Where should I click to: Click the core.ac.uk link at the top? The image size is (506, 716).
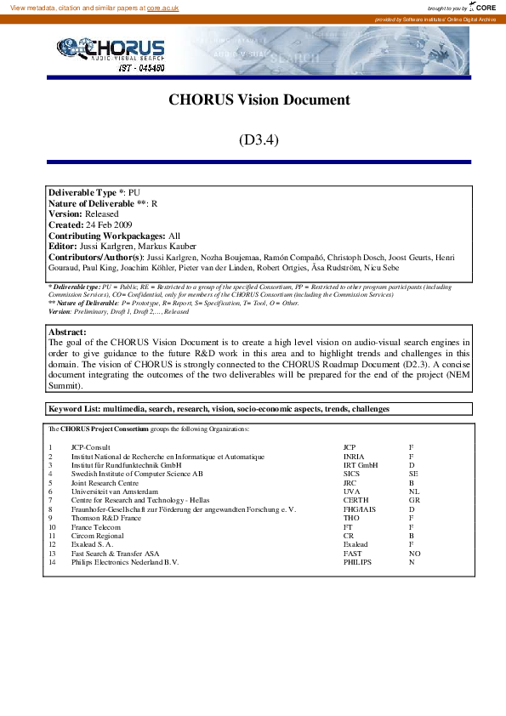point(162,7)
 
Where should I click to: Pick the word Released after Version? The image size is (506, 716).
point(102,214)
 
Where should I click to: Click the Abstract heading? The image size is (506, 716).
point(67,332)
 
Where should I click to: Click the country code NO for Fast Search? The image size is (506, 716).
point(414,553)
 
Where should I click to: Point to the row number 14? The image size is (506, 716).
point(51,562)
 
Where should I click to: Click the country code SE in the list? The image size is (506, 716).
point(413,474)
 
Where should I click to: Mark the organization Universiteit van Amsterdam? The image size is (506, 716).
point(114,492)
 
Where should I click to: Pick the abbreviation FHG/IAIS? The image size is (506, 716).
point(361,509)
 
